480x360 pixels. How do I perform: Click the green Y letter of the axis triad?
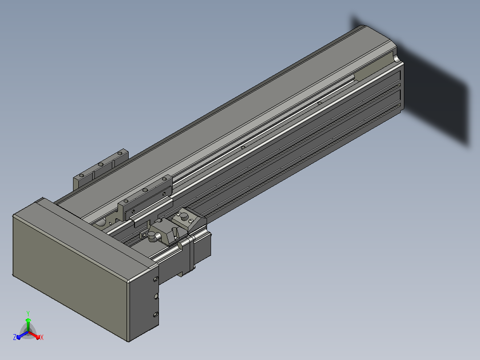click(x=28, y=313)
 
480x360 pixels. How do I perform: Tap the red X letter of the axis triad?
click(x=42, y=337)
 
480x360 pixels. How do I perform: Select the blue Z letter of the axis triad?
click(x=15, y=337)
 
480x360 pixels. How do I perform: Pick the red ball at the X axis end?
click(x=38, y=337)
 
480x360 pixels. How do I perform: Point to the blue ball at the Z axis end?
click(x=18, y=337)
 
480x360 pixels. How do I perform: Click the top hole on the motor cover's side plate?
click(x=155, y=279)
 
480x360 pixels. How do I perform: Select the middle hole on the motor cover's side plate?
click(x=156, y=296)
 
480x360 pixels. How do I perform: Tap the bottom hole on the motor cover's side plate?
click(x=155, y=315)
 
